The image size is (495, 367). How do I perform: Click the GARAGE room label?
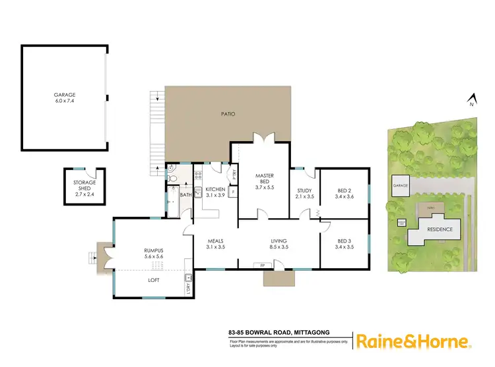[x=65, y=98]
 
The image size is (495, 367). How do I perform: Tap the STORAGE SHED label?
[x=84, y=188]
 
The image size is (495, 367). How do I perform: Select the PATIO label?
[x=228, y=114]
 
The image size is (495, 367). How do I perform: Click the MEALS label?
[x=216, y=244]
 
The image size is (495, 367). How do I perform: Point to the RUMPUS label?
[x=153, y=253]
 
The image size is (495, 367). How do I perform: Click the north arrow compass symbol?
[x=471, y=99]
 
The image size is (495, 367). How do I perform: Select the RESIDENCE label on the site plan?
[x=439, y=229]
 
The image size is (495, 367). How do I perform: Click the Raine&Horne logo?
[x=413, y=341]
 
